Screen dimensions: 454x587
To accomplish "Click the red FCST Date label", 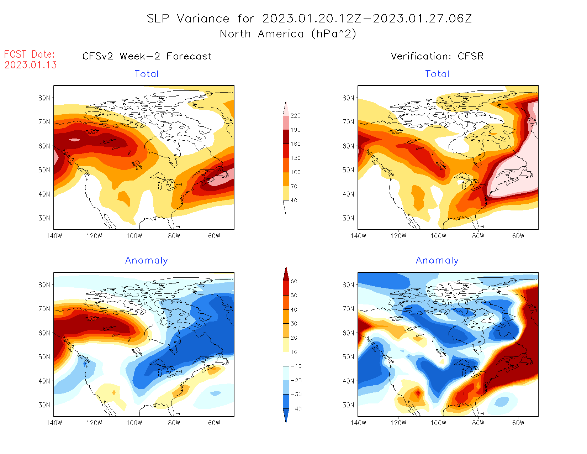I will click(29, 54).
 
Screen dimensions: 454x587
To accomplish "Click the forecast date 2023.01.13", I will click(30, 65).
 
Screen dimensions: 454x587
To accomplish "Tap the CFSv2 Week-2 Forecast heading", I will click(147, 56).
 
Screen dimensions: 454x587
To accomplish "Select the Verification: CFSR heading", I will click(437, 56).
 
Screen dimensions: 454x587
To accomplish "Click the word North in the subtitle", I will click(235, 34).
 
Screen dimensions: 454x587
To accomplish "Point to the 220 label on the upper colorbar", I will click(295, 116).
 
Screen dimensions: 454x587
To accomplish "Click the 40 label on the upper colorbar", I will click(294, 200).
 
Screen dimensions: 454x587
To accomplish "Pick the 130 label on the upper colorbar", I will click(295, 158).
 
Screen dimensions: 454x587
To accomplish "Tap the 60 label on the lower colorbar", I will click(294, 281).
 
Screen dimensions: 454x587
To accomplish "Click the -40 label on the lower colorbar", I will click(296, 409).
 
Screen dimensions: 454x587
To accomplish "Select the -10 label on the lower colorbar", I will click(296, 366).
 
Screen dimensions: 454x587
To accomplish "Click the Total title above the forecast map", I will click(146, 74).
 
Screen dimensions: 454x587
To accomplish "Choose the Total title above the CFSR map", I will click(437, 74).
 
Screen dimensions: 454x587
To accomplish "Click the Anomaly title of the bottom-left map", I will click(146, 261).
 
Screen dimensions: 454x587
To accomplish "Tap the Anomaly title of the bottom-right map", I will click(437, 261).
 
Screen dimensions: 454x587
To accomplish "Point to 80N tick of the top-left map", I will click(44, 98).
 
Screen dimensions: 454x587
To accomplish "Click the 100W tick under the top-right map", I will click(438, 236).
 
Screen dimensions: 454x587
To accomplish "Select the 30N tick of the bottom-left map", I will click(44, 405).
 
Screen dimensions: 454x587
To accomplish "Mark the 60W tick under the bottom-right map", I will click(518, 423).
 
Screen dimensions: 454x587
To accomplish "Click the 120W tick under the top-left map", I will click(94, 236).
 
